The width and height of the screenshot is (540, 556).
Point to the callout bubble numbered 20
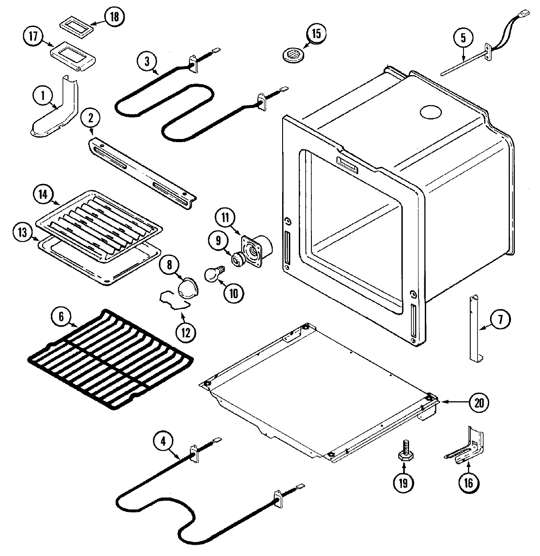[479, 403]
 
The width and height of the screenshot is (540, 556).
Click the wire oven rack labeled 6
[110, 359]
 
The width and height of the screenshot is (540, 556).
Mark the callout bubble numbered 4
[164, 442]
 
